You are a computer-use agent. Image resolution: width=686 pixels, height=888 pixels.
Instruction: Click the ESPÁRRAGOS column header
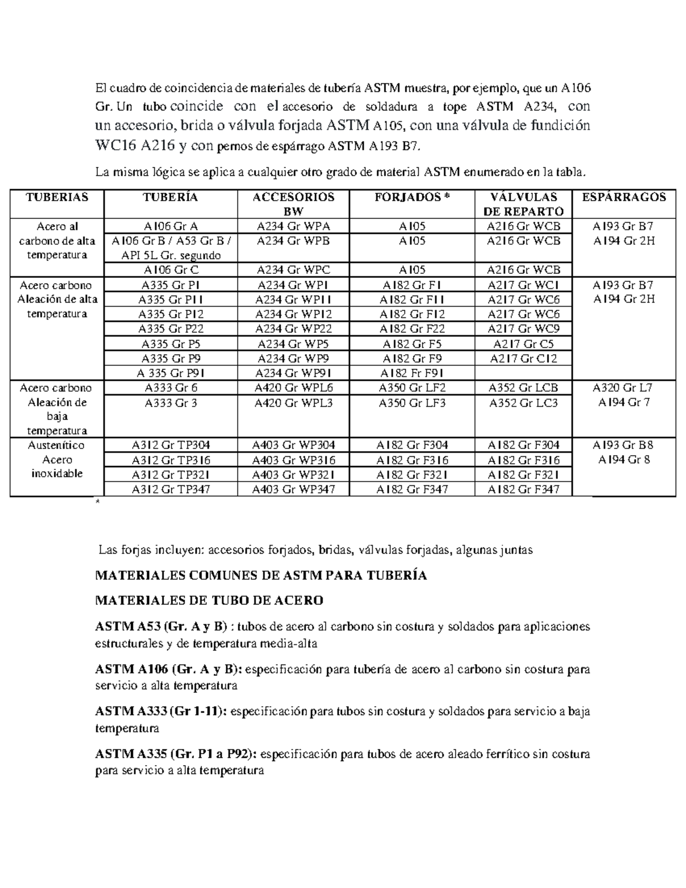click(x=624, y=197)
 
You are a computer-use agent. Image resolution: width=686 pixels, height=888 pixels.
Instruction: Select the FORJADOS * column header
click(x=412, y=197)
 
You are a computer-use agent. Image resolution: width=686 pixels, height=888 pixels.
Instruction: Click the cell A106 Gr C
click(x=170, y=270)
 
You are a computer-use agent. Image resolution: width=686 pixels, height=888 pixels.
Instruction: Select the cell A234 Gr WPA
click(x=293, y=226)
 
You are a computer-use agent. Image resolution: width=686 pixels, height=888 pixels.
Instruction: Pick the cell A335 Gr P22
click(x=170, y=329)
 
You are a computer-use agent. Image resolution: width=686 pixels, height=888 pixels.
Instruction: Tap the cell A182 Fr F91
click(x=412, y=373)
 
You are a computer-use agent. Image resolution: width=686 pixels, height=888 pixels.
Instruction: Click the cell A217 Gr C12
click(x=523, y=359)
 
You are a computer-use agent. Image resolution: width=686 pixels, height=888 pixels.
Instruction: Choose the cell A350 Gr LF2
click(x=412, y=388)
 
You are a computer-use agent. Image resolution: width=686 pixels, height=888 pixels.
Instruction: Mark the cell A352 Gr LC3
click(x=523, y=403)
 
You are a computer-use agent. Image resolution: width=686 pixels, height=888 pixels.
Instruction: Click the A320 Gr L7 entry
click(x=624, y=388)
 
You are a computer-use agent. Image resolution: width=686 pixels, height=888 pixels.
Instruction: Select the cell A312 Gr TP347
click(x=170, y=489)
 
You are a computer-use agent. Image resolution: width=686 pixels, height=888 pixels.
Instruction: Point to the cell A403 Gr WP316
click(x=293, y=460)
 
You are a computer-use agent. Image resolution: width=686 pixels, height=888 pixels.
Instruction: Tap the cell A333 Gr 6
click(x=170, y=388)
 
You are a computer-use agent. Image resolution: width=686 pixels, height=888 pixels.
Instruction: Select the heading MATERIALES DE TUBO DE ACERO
click(x=209, y=600)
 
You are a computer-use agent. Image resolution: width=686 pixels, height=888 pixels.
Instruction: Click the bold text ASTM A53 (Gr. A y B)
click(x=161, y=627)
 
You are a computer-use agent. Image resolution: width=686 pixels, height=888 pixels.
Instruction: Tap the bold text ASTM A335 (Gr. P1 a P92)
click(x=177, y=754)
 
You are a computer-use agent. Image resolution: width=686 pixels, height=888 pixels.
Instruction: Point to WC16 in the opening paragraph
click(x=115, y=146)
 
